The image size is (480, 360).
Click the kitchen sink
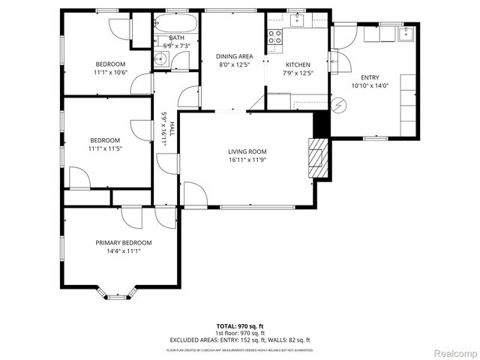point(298,19)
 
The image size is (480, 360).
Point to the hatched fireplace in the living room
point(319,157)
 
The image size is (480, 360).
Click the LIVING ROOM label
point(247,152)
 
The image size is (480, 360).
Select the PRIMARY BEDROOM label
point(123,242)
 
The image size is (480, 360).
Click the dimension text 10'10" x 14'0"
point(370,85)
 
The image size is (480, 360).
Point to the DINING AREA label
point(234,56)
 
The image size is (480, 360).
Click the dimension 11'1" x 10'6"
point(110,73)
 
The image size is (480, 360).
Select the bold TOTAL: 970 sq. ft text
point(240,326)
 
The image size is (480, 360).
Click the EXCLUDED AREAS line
point(240,340)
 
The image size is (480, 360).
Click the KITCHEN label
point(297,64)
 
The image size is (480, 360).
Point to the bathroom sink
point(160,60)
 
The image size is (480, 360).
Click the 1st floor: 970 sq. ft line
point(240,333)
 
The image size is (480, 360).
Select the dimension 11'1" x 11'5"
point(105,148)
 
